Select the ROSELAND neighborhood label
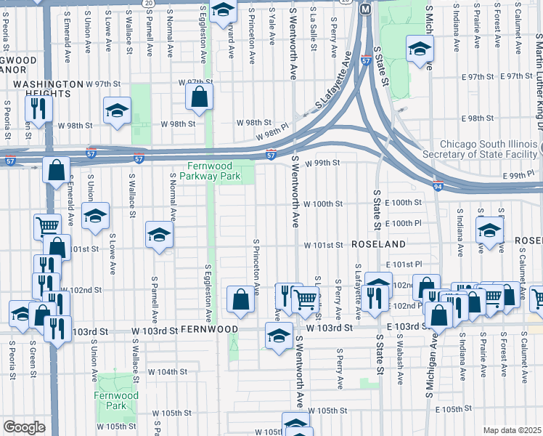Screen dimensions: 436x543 tap(378, 245)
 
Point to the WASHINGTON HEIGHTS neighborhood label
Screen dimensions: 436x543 tap(46, 84)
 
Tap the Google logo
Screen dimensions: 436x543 tap(24, 427)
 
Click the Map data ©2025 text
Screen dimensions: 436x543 tap(511, 430)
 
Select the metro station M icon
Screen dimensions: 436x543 tap(365, 9)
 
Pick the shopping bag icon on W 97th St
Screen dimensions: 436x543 tap(199, 97)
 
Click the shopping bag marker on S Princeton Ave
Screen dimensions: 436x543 tap(240, 299)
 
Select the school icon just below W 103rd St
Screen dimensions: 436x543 tap(277, 336)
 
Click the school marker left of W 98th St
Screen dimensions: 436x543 tap(117, 111)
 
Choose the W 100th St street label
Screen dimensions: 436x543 tap(322, 204)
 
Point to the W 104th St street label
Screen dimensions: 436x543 tap(172, 371)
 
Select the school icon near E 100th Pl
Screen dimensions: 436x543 tap(490, 230)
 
